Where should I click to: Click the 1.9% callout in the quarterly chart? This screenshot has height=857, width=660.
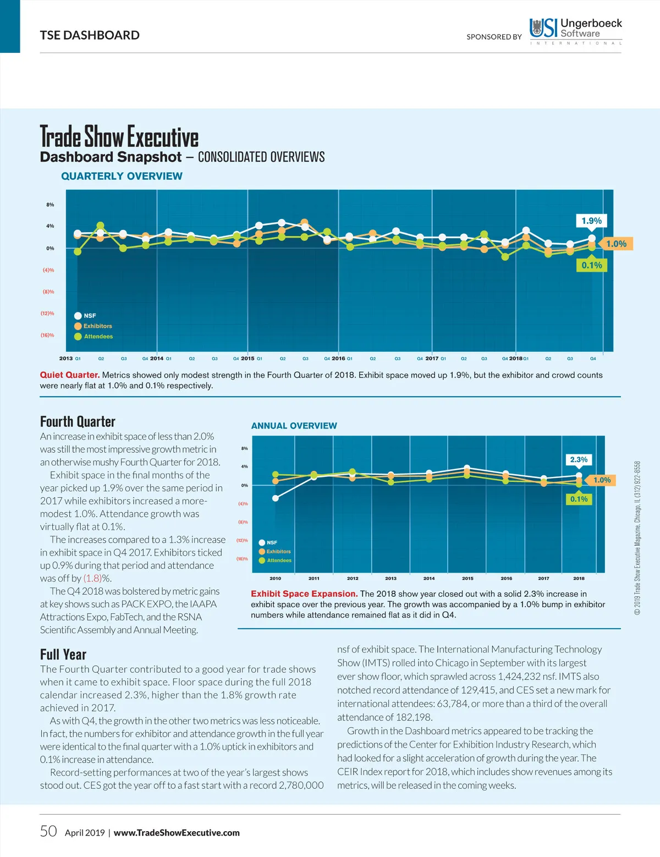coord(591,221)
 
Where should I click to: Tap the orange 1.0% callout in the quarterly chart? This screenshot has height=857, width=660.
coord(616,244)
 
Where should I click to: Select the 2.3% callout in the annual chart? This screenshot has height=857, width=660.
coord(579,459)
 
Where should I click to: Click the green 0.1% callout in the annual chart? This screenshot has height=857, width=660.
coord(579,499)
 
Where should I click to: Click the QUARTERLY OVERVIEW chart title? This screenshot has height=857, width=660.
coord(122,176)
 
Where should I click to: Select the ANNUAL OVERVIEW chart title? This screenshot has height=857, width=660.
coord(294,426)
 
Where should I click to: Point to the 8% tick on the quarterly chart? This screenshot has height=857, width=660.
coord(50,205)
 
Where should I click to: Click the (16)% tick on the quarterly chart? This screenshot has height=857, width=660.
coord(47,335)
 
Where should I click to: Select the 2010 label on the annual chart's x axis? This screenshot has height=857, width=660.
coord(276,578)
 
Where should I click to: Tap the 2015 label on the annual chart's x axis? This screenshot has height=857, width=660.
coord(468,578)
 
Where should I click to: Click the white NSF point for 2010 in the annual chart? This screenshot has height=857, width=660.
coord(276,498)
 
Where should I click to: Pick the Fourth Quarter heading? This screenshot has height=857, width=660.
coord(78,422)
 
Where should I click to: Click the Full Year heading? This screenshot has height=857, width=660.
coord(63,655)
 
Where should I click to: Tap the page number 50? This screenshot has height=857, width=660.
coord(48,831)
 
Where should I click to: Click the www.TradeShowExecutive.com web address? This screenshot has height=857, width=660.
coord(177,833)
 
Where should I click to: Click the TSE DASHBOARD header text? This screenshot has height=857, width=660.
coord(90,35)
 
